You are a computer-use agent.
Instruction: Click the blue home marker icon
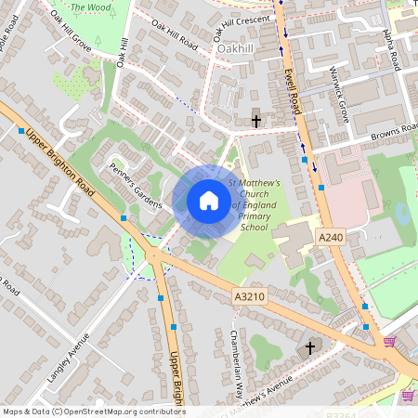(209, 201)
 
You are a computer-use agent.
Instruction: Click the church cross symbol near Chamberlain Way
(309, 347)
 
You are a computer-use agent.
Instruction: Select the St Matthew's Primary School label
(254, 204)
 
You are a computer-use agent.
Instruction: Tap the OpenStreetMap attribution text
(93, 411)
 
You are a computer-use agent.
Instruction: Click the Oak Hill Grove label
(71, 29)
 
